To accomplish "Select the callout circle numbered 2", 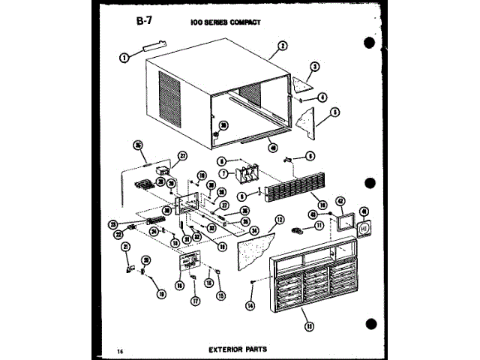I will tap(283, 46).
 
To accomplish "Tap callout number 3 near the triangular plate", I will tap(316, 67).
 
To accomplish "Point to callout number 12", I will tap(279, 220).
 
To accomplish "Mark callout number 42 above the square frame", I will tap(340, 201).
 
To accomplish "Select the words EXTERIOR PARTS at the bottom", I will tap(239, 349).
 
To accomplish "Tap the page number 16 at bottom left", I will tap(121, 350).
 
